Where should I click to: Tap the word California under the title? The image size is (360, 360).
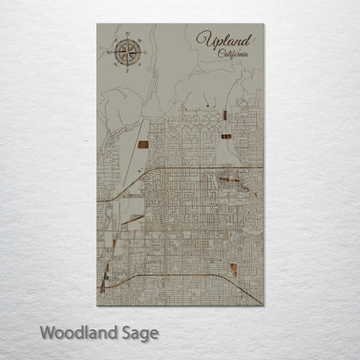click(x=231, y=54)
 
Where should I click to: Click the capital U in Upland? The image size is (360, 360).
click(x=204, y=40)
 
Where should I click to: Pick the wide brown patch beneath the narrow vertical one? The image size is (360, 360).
click(x=225, y=135)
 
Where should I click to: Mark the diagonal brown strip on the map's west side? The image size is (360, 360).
click(x=132, y=220)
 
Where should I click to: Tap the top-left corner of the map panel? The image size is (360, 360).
click(x=96, y=24)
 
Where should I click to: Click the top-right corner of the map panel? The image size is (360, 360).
click(x=263, y=24)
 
